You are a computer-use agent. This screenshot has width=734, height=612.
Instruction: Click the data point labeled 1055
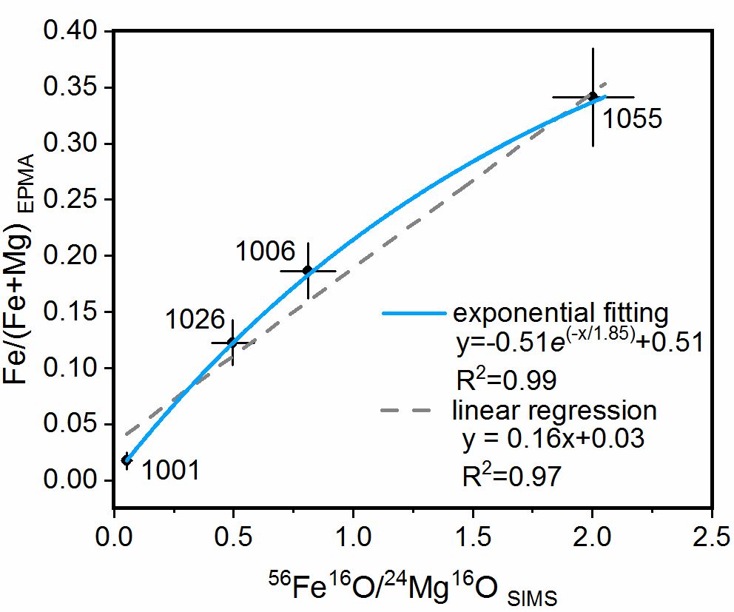(x=592, y=96)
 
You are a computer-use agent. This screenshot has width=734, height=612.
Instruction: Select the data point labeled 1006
(x=307, y=270)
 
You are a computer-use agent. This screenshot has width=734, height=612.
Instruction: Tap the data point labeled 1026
(x=232, y=343)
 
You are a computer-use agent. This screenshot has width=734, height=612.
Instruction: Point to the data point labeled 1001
(x=127, y=460)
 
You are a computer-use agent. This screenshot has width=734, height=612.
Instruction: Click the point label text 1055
(x=630, y=118)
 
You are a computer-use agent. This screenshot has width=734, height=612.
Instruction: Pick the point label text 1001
(x=169, y=470)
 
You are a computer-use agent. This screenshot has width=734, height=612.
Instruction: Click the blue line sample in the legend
(x=414, y=313)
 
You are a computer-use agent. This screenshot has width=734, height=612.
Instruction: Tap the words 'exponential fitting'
(x=560, y=313)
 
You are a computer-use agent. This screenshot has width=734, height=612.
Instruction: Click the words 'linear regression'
(x=554, y=410)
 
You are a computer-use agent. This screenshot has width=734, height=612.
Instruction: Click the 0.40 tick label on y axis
(x=69, y=32)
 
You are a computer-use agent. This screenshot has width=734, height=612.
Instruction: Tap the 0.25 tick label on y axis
(x=69, y=200)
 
